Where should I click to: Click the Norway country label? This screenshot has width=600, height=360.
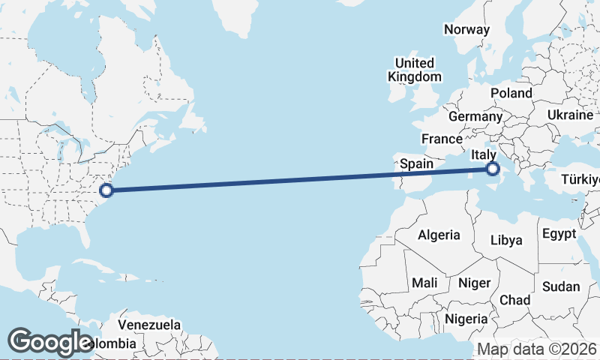coord(466,30)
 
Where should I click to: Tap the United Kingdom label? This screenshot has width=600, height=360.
coord(415,70)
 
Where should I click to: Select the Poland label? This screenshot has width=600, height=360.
coord(511,93)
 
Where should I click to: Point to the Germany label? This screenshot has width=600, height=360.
coord(475,117)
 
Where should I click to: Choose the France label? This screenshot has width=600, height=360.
coord(442,139)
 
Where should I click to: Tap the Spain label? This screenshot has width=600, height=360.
coord(416,163)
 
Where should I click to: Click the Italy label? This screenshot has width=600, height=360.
coord(484,154)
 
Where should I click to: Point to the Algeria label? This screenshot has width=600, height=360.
coord(439,235)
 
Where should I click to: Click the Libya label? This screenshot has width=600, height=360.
coord(505,241)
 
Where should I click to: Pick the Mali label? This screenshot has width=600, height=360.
coord(424,283)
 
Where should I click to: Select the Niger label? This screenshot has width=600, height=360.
coord(474,283)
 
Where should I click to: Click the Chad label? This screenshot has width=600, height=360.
coord(514,300)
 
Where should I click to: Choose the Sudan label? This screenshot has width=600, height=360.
coord(561,286)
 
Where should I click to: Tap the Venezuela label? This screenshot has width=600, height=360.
coord(150,325)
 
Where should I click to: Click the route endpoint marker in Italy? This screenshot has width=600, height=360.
coord(493,169)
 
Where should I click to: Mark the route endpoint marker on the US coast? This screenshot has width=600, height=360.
coord(106,190)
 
